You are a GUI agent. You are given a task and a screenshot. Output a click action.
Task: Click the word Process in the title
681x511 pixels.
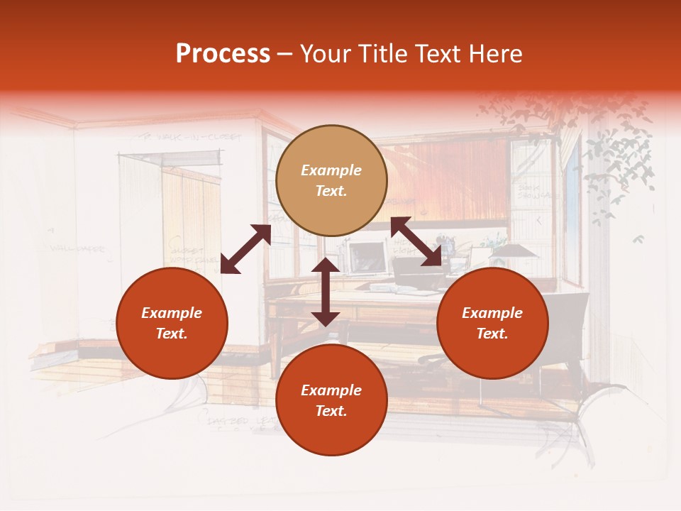pyautogui.click(x=223, y=54)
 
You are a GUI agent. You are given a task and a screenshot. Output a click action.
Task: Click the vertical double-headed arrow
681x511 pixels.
pyautogui.click(x=326, y=292)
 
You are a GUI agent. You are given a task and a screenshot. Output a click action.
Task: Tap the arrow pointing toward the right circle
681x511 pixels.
pyautogui.click(x=416, y=241)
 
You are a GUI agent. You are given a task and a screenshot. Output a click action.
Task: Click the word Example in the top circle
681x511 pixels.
pyautogui.click(x=331, y=170)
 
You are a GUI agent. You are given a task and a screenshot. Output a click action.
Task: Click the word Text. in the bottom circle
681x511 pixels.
pyautogui.click(x=331, y=411)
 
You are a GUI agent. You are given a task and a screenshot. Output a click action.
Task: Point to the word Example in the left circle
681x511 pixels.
pyautogui.click(x=172, y=313)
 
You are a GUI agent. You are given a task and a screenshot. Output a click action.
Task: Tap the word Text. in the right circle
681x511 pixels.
pyautogui.click(x=492, y=334)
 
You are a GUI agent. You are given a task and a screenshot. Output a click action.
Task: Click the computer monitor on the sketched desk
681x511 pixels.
pyautogui.click(x=367, y=258)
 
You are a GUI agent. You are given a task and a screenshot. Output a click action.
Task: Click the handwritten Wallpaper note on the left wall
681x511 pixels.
pyautogui.click(x=78, y=249)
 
